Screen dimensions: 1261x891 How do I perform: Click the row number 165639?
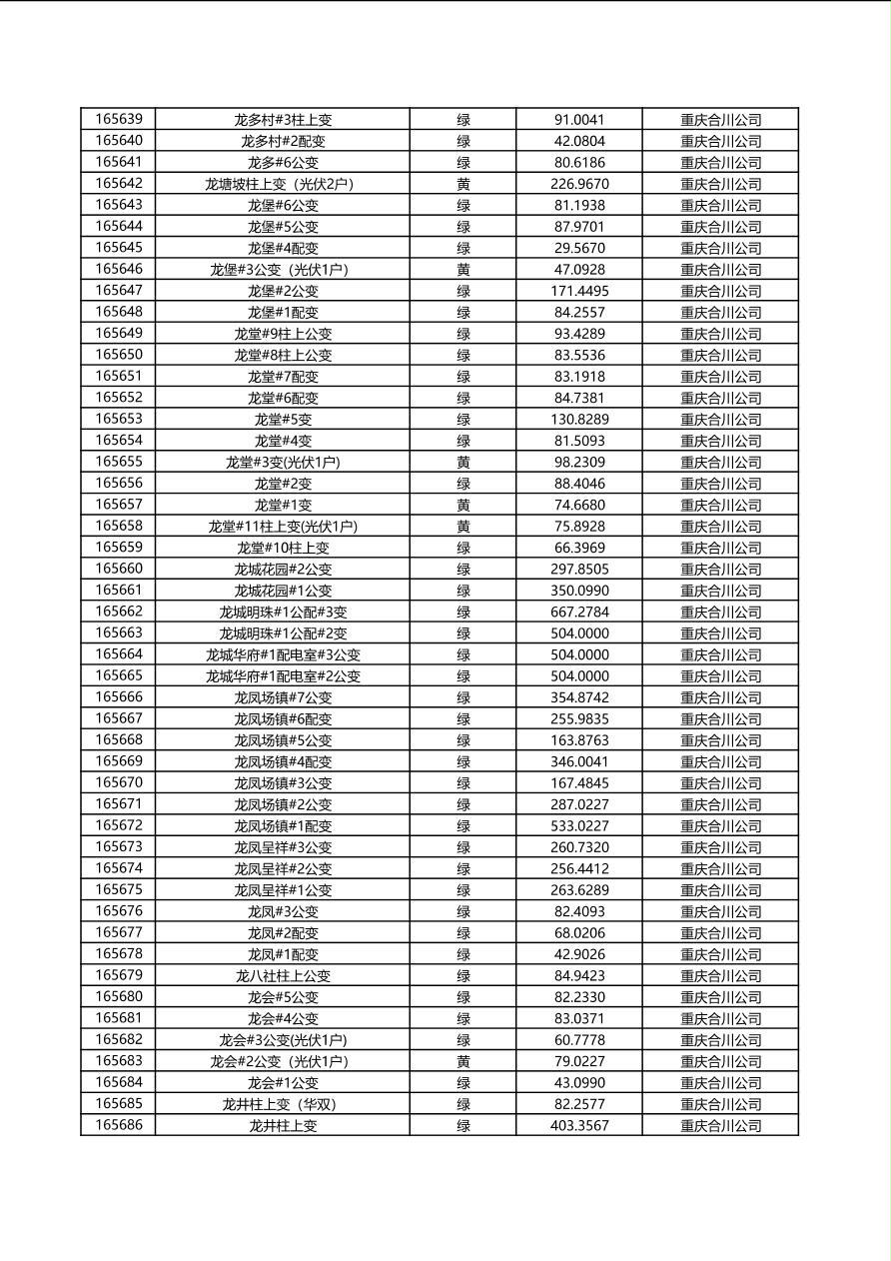119,119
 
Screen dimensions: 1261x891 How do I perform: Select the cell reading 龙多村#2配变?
283,141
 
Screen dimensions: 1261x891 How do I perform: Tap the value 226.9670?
579,184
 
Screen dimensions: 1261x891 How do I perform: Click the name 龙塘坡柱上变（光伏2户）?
283,184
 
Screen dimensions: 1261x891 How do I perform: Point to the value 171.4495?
579,291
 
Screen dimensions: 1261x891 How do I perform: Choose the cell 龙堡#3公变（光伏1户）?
283,270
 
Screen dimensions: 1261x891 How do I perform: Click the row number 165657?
119,505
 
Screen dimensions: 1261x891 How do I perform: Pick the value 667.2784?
579,612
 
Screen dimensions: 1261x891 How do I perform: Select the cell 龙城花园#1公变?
283,591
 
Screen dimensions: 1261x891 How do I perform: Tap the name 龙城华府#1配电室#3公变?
283,654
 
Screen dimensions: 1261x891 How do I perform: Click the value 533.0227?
579,825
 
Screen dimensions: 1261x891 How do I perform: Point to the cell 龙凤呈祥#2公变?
283,868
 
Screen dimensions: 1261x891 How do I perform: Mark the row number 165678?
119,954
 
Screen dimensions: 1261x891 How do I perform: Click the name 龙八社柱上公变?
283,975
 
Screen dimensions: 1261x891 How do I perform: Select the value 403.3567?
579,1125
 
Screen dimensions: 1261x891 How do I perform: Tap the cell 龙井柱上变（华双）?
283,1104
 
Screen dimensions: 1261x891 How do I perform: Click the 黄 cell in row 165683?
463,1061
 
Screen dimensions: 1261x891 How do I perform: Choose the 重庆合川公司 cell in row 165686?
720,1125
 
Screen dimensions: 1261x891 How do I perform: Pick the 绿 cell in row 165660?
463,569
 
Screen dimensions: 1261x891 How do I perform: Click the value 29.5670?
579,248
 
